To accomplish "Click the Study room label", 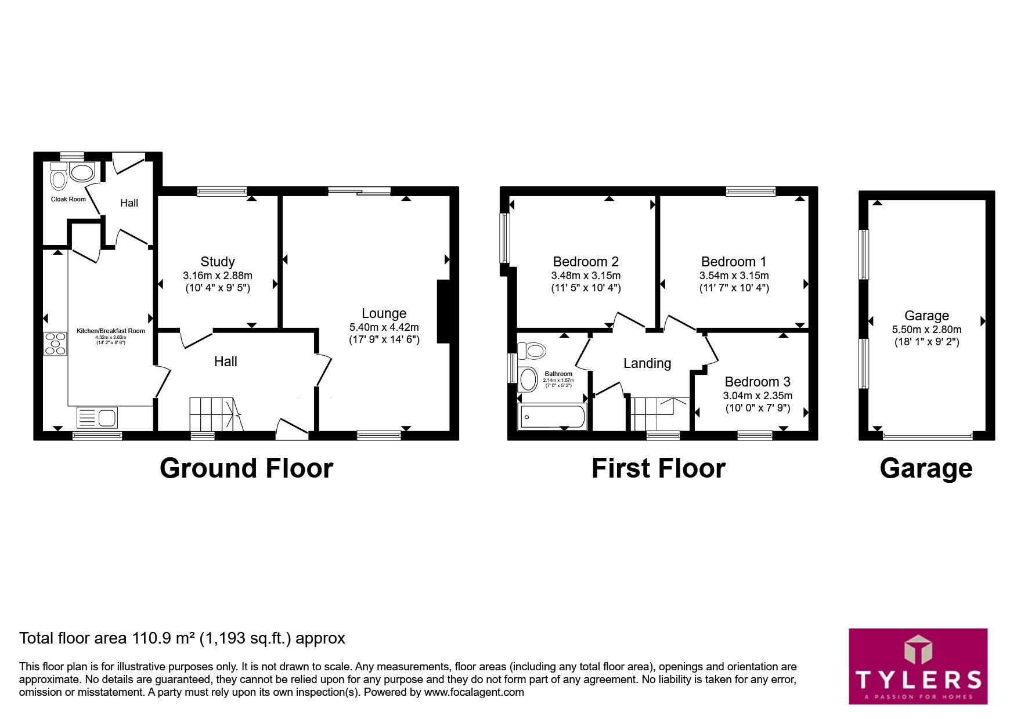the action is coord(218,262).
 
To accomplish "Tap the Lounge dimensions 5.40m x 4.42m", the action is coord(384,327).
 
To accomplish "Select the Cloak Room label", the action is coord(68,199).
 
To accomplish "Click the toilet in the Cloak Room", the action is coord(58,176).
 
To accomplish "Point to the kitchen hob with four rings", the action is coord(56,343).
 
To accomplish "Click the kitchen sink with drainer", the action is coord(97,418).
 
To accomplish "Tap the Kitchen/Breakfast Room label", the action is coord(111,331).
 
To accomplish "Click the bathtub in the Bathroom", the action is coord(552,417).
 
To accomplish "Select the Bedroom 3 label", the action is coord(758,382).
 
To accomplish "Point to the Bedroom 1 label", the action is coord(734,262).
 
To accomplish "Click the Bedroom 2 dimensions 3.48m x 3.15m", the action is coord(586,276).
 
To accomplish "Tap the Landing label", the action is coord(647,363).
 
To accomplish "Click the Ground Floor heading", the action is coord(246,468).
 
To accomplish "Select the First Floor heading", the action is coord(658,468).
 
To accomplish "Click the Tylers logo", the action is coord(918,666).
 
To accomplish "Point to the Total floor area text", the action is coord(182,638).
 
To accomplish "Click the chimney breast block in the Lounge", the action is coord(443,312).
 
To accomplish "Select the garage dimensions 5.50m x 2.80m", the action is coord(926,330).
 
